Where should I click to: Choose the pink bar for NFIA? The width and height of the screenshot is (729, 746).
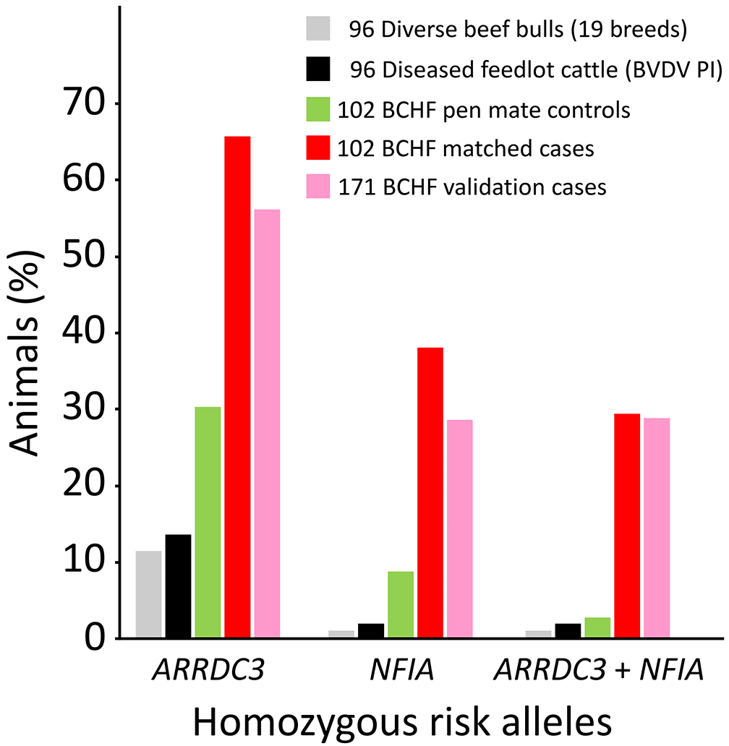459,528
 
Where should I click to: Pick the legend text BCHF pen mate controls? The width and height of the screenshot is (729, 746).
484,111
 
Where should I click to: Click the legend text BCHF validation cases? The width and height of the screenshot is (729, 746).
472,187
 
